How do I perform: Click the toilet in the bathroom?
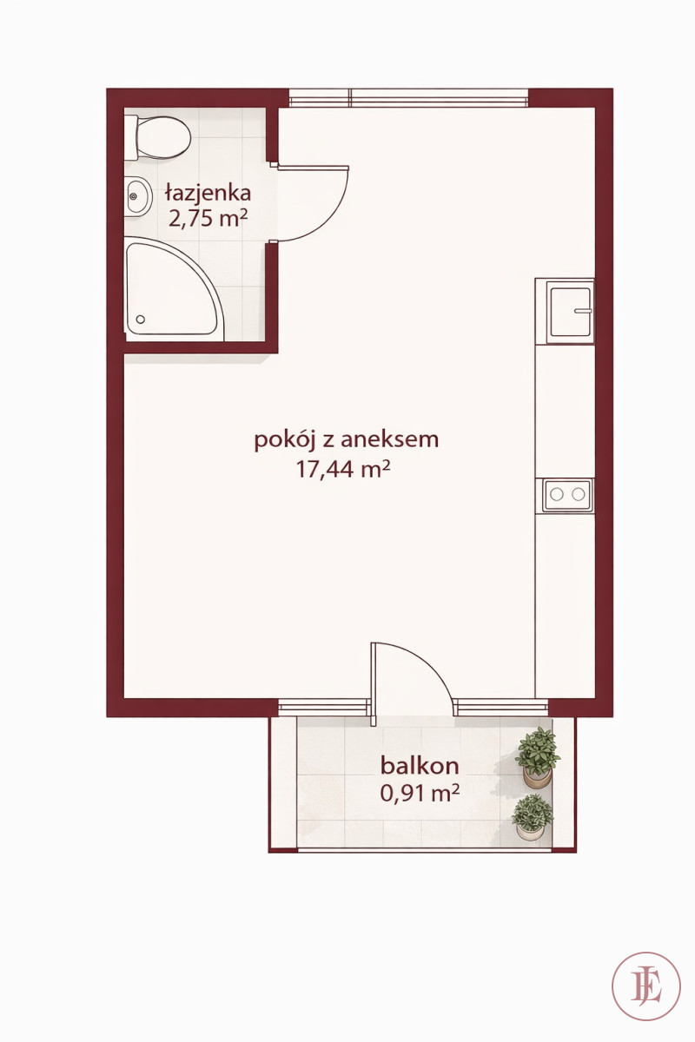click(157, 138)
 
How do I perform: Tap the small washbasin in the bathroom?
click(138, 196)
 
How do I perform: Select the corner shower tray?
click(175, 289)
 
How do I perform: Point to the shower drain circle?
click(140, 320)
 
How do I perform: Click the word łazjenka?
click(208, 192)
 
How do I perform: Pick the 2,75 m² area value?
click(208, 218)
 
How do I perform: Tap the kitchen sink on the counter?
click(570, 312)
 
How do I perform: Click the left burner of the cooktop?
click(557, 494)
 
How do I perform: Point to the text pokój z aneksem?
click(347, 440)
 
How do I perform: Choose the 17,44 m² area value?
click(343, 470)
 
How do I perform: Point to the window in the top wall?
click(409, 97)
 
